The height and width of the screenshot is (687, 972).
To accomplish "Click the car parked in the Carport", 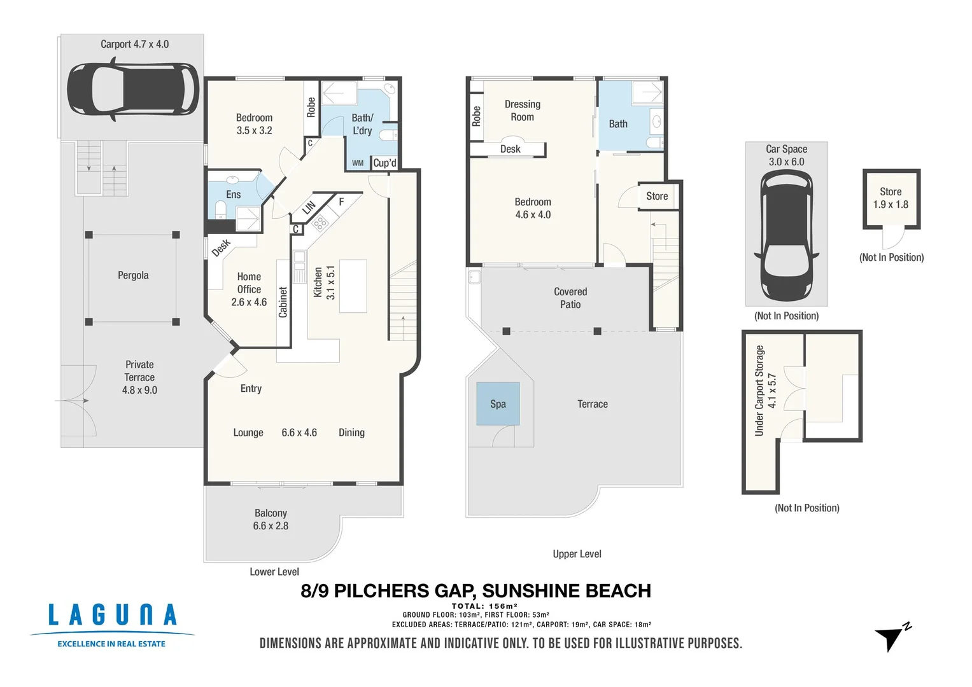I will pyautogui.click(x=133, y=88).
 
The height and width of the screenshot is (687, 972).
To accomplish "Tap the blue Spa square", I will pyautogui.click(x=498, y=404).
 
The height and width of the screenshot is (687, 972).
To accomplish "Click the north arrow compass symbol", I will pyautogui.click(x=892, y=637).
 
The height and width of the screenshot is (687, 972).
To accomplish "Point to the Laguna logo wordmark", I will pyautogui.click(x=113, y=616).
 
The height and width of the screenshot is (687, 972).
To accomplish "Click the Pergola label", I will pyautogui.click(x=133, y=275).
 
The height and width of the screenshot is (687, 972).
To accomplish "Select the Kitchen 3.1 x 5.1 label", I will pyautogui.click(x=324, y=282).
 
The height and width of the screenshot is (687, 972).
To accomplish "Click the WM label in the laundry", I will pyautogui.click(x=358, y=163).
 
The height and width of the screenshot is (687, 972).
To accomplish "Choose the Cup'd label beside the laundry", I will pyautogui.click(x=384, y=163).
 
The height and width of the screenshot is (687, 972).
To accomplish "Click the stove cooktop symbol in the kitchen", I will pyautogui.click(x=320, y=222).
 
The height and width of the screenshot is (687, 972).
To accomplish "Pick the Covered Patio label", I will pyautogui.click(x=570, y=298).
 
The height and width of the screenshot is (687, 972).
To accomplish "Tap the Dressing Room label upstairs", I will pyautogui.click(x=522, y=111).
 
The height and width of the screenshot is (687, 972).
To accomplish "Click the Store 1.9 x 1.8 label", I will pyautogui.click(x=891, y=198).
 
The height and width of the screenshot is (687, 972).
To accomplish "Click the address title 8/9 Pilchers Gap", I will pyautogui.click(x=475, y=591).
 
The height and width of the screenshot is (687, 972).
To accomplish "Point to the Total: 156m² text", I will pyautogui.click(x=484, y=606).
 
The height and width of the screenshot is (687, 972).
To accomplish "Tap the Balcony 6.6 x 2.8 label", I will pyautogui.click(x=271, y=520).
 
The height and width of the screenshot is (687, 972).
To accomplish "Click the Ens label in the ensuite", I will pyautogui.click(x=233, y=195).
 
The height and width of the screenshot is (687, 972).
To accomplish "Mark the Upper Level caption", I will pyautogui.click(x=577, y=554).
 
